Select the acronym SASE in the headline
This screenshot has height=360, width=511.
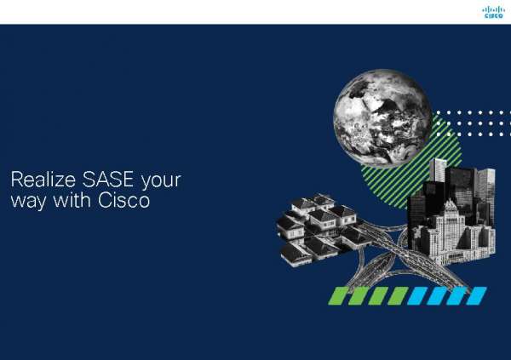click(101, 181)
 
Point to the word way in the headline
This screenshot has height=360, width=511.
click(26, 203)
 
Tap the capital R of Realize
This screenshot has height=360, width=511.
click(14, 181)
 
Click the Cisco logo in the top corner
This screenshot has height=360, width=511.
click(493, 12)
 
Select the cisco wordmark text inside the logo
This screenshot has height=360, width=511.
click(493, 15)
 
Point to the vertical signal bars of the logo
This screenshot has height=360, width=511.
click(493, 9)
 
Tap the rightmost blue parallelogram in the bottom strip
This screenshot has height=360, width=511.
click(476, 295)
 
